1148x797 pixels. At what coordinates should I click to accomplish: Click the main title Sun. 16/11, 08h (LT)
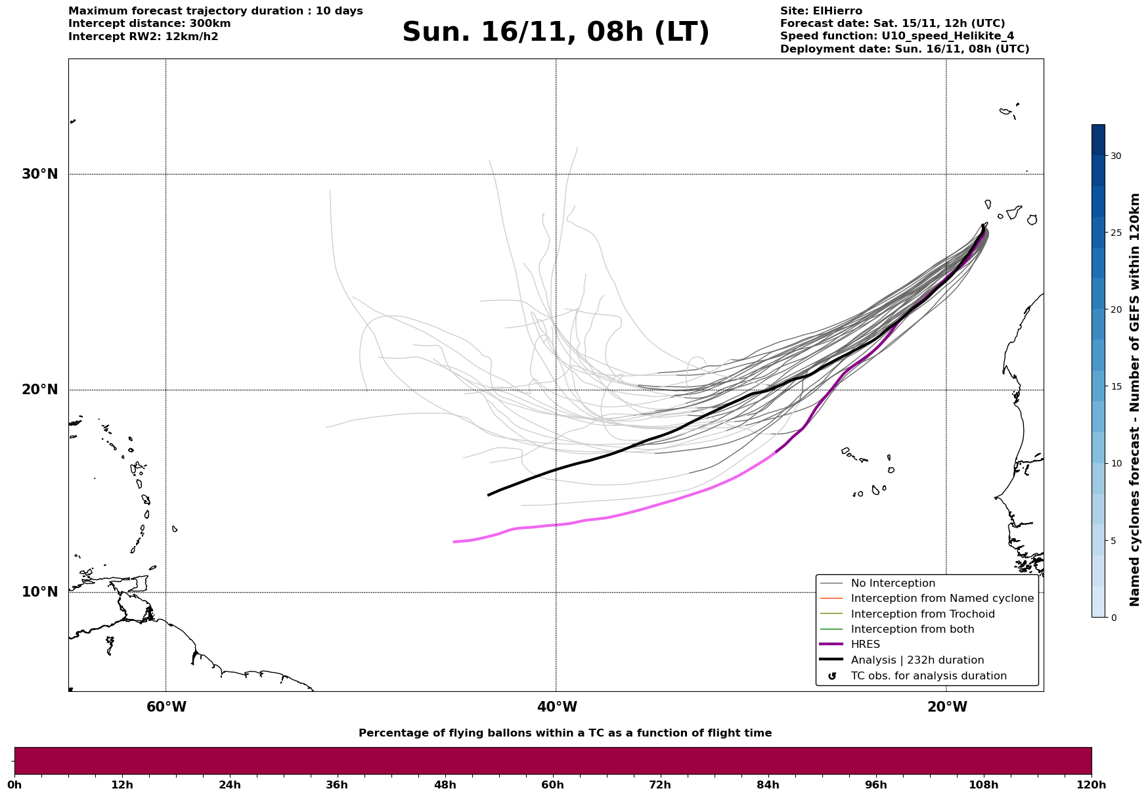[556, 32]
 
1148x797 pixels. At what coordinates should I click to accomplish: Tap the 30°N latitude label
[39, 174]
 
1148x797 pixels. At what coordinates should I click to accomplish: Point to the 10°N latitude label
[39, 592]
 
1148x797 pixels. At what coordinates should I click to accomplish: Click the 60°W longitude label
[166, 707]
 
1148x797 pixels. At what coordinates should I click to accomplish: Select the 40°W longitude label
[557, 707]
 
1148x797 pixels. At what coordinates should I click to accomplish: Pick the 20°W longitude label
[947, 707]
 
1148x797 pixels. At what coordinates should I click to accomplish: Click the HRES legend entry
[865, 645]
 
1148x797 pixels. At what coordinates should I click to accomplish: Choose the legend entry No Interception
[893, 583]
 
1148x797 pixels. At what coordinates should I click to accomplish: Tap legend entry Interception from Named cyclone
[942, 599]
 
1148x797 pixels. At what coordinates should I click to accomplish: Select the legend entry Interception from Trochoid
[922, 614]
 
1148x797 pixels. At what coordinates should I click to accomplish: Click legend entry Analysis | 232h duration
[917, 660]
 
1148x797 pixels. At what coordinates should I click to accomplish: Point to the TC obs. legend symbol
[832, 676]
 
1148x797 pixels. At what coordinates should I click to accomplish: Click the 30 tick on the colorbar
[1116, 156]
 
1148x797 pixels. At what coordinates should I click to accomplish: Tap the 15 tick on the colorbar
[1116, 386]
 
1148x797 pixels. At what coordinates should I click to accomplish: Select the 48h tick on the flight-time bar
[445, 785]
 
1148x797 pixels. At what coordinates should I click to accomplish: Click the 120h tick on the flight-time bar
[1092, 785]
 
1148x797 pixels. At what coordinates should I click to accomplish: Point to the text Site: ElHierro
[821, 11]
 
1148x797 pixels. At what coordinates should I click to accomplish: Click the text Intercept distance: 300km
[149, 24]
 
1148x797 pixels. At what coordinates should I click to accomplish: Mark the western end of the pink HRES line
[454, 542]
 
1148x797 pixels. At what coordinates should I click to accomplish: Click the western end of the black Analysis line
[489, 495]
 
